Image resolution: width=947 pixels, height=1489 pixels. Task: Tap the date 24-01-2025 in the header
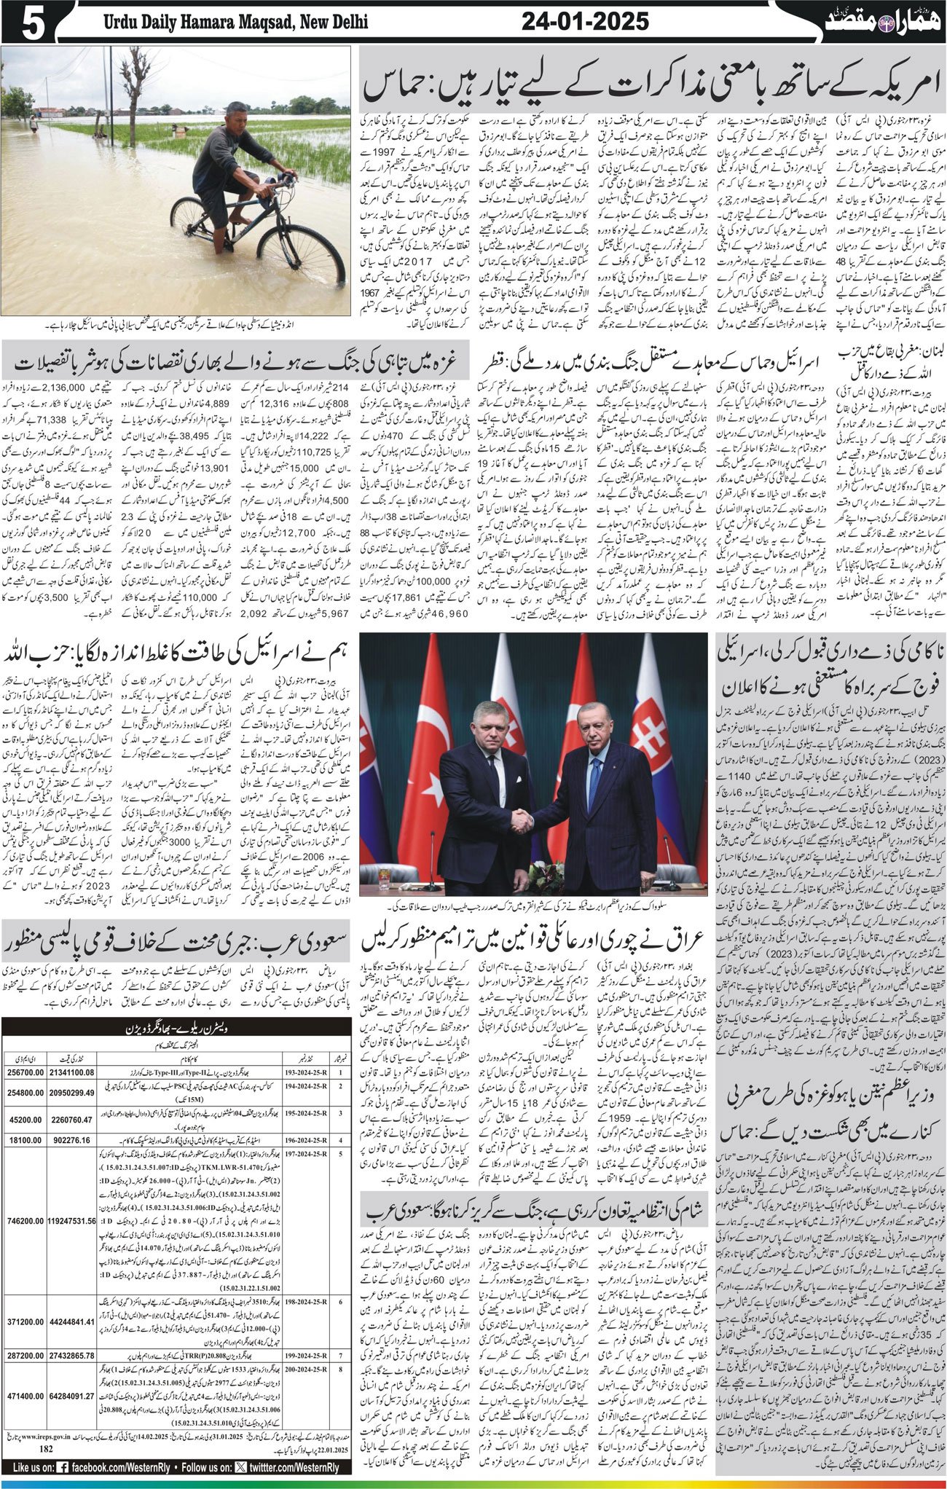(x=585, y=21)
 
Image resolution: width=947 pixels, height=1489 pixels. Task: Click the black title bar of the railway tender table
(x=175, y=1028)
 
